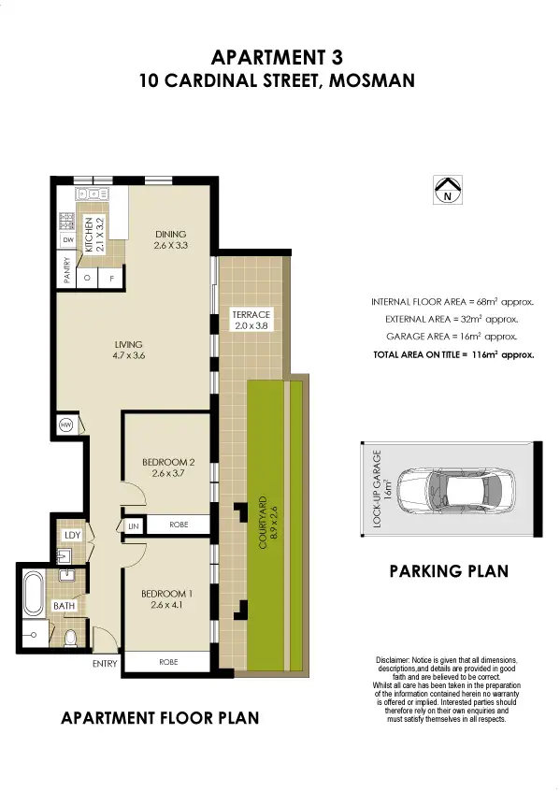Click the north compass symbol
pyautogui.click(x=448, y=190)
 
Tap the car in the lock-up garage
pyautogui.click(x=456, y=490)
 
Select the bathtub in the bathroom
pyautogui.click(x=34, y=593)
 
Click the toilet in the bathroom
pyautogui.click(x=71, y=639)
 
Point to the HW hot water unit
pyautogui.click(x=66, y=424)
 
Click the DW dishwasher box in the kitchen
pyautogui.click(x=68, y=240)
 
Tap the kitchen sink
pyautogui.click(x=92, y=194)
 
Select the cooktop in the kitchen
pyautogui.click(x=67, y=221)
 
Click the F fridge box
pyautogui.click(x=112, y=278)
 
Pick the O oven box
pyautogui.click(x=87, y=278)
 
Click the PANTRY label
pyautogui.click(x=67, y=270)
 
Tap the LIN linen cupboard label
pyautogui.click(x=133, y=526)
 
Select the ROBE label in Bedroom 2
pyautogui.click(x=179, y=525)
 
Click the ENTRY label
pyautogui.click(x=105, y=664)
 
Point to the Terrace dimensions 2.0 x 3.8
pyautogui.click(x=251, y=326)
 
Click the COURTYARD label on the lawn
pyautogui.click(x=263, y=524)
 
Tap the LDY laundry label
pyautogui.click(x=73, y=535)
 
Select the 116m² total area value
pyautogui.click(x=485, y=354)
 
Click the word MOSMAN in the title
pyautogui.click(x=371, y=80)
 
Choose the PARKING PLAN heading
pyautogui.click(x=449, y=571)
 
